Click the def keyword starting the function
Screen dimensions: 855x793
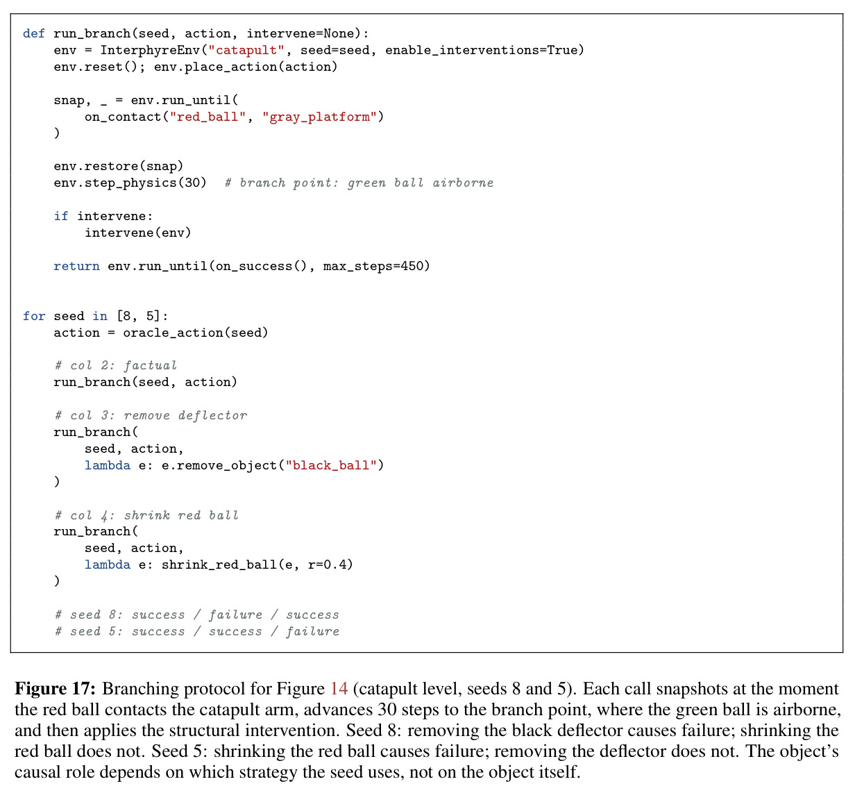[33, 33]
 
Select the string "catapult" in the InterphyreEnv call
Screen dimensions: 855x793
[246, 51]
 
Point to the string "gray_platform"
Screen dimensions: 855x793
[319, 117]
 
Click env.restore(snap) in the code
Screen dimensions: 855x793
[119, 167]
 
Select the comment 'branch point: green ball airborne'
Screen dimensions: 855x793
[359, 183]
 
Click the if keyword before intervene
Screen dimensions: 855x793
[60, 216]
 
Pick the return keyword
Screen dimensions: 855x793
[76, 266]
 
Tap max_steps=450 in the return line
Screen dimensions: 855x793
[373, 266]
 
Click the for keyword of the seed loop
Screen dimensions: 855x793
[34, 316]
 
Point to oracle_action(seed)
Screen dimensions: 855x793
[196, 333]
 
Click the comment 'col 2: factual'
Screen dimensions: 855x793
[116, 365]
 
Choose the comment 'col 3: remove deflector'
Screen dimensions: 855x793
[151, 415]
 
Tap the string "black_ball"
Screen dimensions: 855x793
[331, 465]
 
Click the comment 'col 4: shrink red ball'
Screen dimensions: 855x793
[146, 515]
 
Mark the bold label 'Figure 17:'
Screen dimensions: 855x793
[55, 689]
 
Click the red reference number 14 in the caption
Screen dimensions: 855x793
[339, 689]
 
